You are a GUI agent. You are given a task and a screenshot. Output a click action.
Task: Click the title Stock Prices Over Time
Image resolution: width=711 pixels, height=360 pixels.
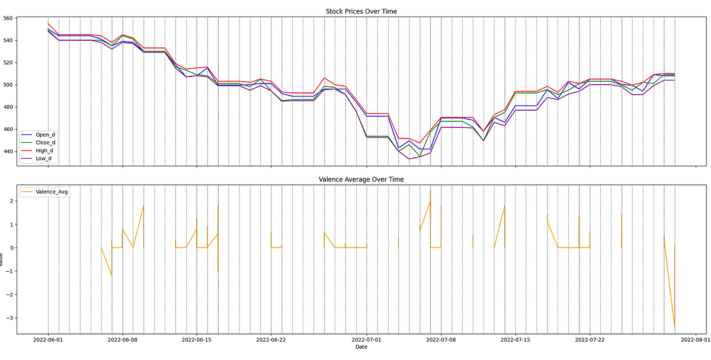tap(361, 11)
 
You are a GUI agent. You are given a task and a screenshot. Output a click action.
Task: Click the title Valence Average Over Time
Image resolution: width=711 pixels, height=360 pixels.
tap(361, 179)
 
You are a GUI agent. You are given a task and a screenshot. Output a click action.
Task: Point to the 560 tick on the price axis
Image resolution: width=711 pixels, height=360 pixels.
tap(8, 18)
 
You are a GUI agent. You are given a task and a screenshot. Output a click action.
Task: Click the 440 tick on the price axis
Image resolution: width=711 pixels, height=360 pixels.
tap(8, 151)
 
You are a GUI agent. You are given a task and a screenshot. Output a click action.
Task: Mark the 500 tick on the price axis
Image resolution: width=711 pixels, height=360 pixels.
tap(8, 85)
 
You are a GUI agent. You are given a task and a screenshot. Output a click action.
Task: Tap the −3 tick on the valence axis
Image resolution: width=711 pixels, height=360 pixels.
tap(9, 317)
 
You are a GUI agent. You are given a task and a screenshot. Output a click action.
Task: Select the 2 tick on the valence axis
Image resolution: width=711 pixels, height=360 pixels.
tap(11, 201)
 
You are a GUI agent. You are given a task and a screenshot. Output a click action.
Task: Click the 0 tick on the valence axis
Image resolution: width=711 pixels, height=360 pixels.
tap(11, 247)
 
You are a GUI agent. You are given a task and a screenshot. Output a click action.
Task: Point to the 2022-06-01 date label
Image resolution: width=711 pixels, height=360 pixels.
tap(49, 340)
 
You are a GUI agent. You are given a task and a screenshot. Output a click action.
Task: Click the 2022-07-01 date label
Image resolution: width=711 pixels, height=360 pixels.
tap(367, 340)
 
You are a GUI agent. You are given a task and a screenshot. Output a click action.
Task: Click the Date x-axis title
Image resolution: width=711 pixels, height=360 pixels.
tap(361, 347)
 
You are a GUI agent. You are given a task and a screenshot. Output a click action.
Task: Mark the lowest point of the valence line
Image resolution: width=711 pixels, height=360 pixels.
tap(674, 327)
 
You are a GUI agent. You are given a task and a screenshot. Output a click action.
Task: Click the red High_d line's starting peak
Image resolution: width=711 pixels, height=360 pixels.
tap(49, 24)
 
